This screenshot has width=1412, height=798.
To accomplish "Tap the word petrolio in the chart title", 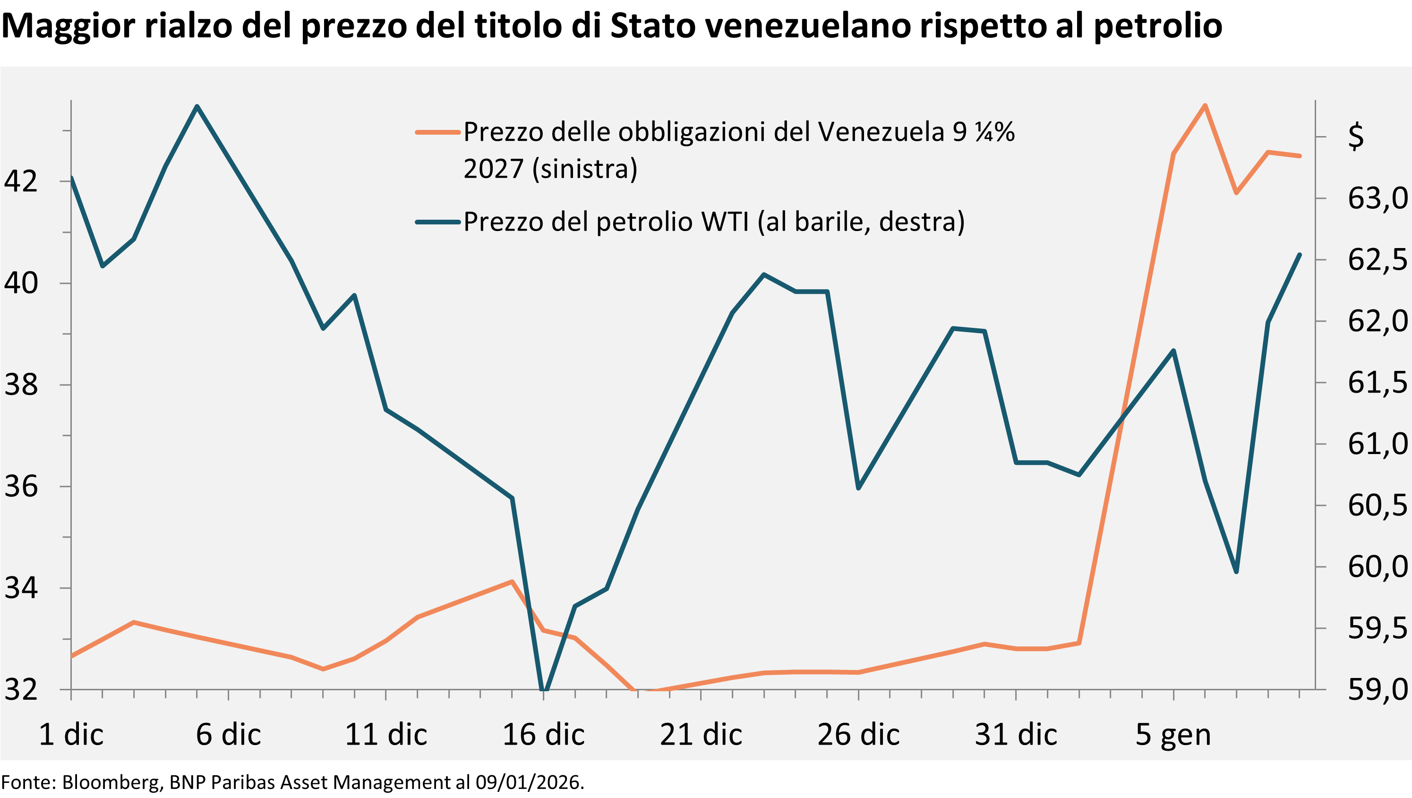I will point(1158,26).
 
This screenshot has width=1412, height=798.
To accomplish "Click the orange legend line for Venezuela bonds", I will point(437,132).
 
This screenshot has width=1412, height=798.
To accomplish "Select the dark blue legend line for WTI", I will point(437,222).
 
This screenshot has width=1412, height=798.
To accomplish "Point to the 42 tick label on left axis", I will point(21,181).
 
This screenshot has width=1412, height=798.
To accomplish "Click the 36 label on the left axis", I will point(21,486).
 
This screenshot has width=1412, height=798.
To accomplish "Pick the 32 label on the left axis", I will point(21,689).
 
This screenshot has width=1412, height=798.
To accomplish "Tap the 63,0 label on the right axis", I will point(1377,198).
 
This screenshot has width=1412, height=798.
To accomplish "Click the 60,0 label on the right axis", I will point(1377,566).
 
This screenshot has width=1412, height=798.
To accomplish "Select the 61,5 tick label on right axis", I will point(1377,383).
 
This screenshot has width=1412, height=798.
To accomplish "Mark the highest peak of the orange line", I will point(1205,105).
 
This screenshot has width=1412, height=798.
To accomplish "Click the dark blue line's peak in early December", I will point(197,106).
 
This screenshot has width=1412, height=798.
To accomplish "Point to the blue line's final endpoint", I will point(1300,254).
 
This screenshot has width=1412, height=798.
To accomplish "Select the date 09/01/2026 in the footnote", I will point(527,782).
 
